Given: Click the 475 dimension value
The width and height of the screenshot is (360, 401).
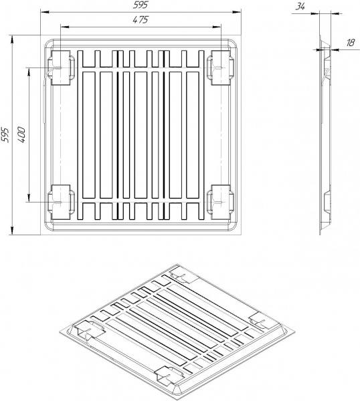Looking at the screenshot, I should tap(139, 20).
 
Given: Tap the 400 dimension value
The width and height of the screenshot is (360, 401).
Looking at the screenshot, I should tap(21, 134).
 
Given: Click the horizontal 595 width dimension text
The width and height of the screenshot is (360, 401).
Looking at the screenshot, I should tap(139, 5).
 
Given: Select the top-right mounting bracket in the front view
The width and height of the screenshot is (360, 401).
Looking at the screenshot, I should tap(220, 68).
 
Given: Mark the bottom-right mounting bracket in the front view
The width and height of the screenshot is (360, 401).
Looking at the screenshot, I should tap(220, 201).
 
